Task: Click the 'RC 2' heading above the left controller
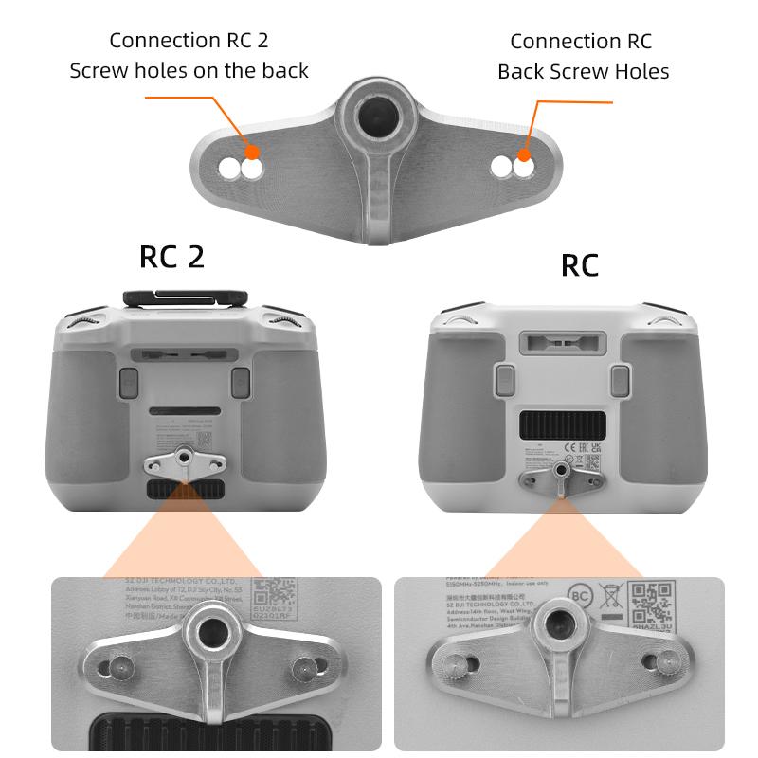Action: click(x=171, y=257)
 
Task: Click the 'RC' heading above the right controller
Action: click(x=580, y=265)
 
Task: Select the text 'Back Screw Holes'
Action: click(x=583, y=71)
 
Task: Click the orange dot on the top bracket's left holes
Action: click(x=251, y=152)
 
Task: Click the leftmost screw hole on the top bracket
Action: click(x=230, y=170)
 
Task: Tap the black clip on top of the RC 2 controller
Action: click(x=185, y=296)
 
